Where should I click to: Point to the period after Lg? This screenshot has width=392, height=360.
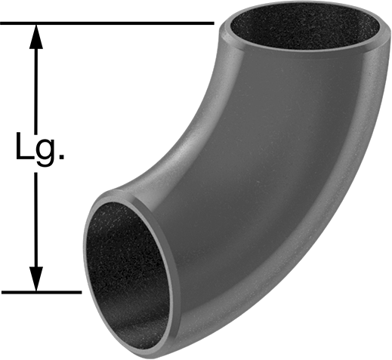point(61,157)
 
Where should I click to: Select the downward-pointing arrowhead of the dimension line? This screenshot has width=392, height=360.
point(36,278)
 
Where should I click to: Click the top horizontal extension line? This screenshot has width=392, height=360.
point(107,23)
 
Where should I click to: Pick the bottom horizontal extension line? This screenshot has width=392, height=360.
point(42,292)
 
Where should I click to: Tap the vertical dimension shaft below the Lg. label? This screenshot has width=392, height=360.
point(36,220)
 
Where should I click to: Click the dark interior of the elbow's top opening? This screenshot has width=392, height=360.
point(305,26)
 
